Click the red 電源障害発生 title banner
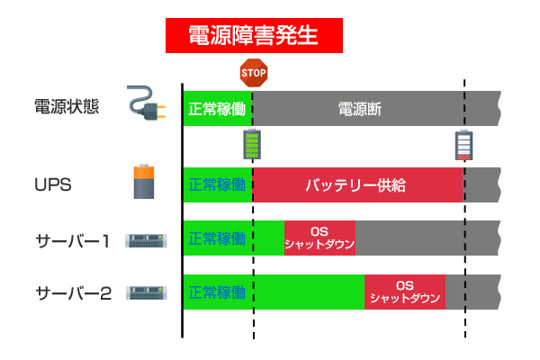(x=254, y=35)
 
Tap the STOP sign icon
(x=254, y=73)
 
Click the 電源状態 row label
(x=67, y=106)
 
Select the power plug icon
(x=147, y=103)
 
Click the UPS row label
(x=53, y=185)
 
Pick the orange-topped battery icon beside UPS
(x=144, y=182)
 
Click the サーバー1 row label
(x=73, y=241)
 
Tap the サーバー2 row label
(x=74, y=293)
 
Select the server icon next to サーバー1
(x=146, y=241)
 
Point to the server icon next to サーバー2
(x=147, y=293)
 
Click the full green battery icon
(x=252, y=144)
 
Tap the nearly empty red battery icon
(x=463, y=145)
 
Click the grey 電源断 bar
(x=376, y=109)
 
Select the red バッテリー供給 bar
(x=358, y=185)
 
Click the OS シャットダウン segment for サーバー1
(x=319, y=238)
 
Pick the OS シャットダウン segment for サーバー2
(x=405, y=292)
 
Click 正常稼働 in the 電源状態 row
(x=217, y=109)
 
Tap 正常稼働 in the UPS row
(x=217, y=185)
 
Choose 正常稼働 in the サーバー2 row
(x=217, y=292)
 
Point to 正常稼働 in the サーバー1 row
(x=217, y=238)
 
